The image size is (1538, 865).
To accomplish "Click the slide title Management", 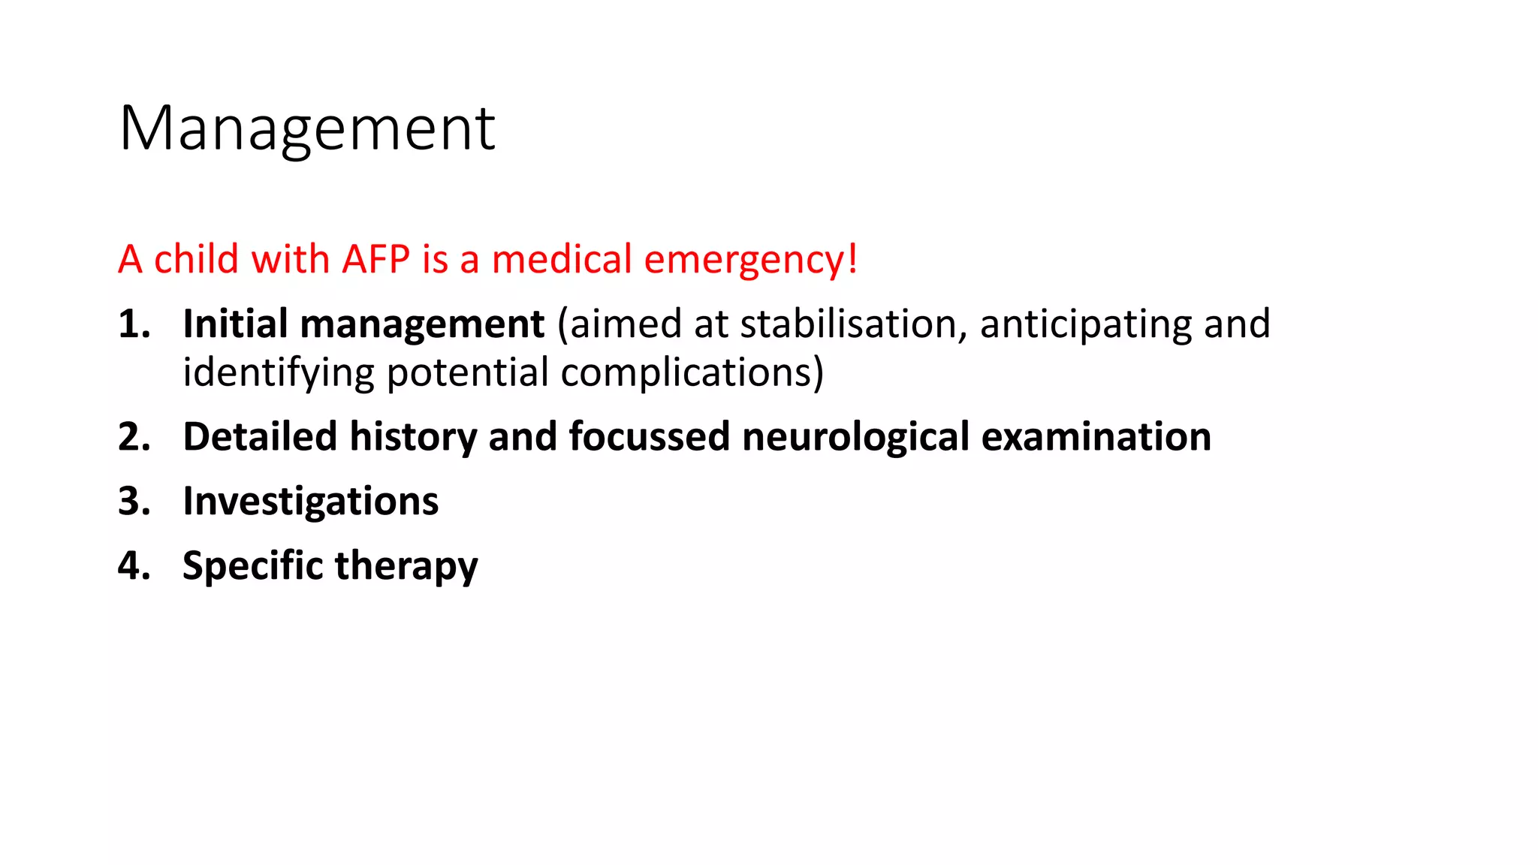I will (x=306, y=128).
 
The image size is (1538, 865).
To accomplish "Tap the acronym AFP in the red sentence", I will (x=375, y=259).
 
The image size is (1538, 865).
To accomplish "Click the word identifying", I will (x=279, y=373).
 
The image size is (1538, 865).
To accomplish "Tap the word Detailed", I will (x=260, y=437).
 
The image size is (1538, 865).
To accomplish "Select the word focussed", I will (x=649, y=437).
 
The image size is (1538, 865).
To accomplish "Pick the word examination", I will (x=1096, y=437).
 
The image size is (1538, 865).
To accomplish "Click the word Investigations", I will (x=310, y=502).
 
